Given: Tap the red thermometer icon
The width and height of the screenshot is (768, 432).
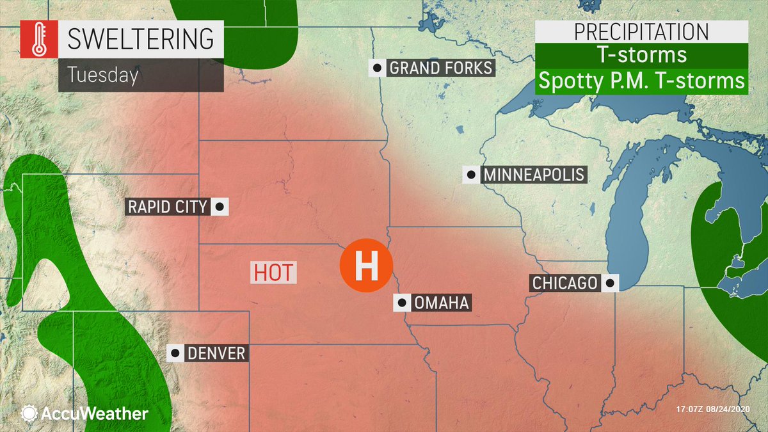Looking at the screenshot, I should pyautogui.click(x=37, y=40).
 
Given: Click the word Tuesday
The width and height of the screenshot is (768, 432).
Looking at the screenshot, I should pyautogui.click(x=103, y=75).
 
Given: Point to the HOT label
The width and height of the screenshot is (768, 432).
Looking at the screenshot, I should pyautogui.click(x=273, y=272).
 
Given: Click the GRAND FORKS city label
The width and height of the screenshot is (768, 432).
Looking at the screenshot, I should pyautogui.click(x=440, y=68).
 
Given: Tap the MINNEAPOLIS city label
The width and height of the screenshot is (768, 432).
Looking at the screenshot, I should pyautogui.click(x=534, y=174).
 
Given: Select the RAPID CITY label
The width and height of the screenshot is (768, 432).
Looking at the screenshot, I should pyautogui.click(x=168, y=207).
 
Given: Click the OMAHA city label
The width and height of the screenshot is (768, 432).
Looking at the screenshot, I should pyautogui.click(x=442, y=303).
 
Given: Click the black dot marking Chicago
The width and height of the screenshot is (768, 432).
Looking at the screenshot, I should pyautogui.click(x=611, y=282).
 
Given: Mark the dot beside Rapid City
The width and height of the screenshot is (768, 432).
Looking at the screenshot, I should pyautogui.click(x=220, y=207).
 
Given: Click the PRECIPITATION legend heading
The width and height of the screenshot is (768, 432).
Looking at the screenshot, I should pyautogui.click(x=641, y=31).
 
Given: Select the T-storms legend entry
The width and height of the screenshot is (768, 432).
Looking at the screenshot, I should pyautogui.click(x=641, y=55).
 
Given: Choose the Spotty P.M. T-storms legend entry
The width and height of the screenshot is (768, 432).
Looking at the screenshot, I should pyautogui.click(x=641, y=81).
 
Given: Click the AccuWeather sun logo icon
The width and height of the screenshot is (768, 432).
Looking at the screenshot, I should pyautogui.click(x=29, y=413).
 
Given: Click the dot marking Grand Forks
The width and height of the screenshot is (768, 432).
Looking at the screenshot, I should pyautogui.click(x=378, y=68).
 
